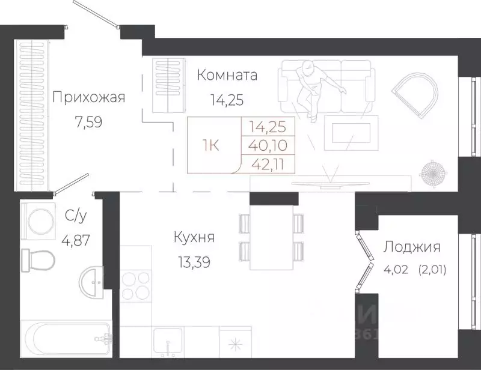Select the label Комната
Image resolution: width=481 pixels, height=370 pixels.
pos(227,75)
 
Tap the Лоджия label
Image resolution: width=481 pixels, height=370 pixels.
pos(412,246)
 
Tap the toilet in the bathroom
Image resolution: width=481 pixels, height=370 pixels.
pos(37,259)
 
